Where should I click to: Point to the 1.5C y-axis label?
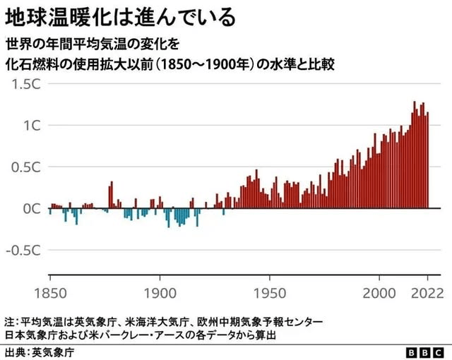coord(26,84)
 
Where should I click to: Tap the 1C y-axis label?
coord(32,126)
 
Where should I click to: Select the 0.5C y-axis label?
coord(26,167)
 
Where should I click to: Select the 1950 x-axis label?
coord(269,292)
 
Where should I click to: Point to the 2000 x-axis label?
coord(379,292)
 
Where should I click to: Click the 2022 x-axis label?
coord(427,292)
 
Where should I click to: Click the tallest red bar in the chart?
coord(415,155)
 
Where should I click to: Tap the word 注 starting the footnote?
coord(8,322)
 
